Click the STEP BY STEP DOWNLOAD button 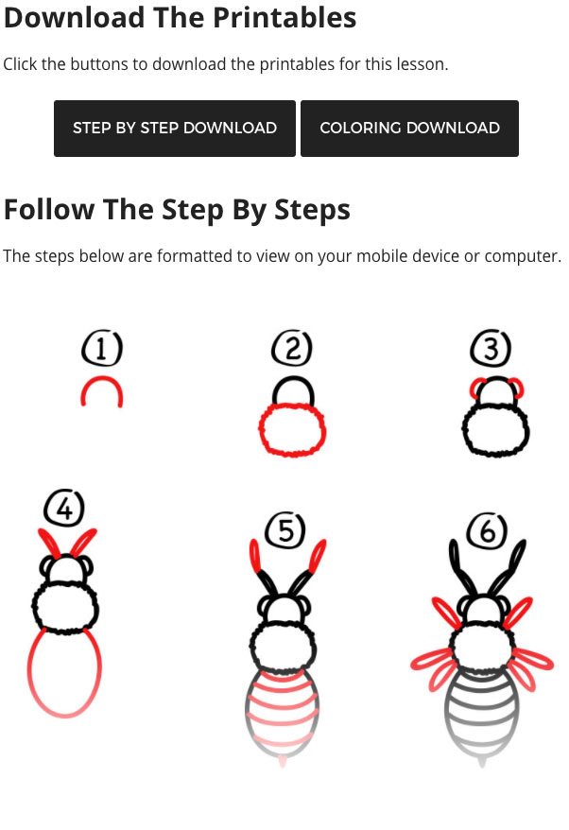175,129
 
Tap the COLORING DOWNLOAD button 409,129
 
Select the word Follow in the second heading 49,209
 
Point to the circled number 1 102,348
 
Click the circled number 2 292,348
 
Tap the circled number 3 491,348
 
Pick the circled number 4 64,508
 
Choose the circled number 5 284,530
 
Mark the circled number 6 487,530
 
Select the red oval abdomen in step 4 30,672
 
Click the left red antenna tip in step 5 255,556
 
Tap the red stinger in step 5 282,761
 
